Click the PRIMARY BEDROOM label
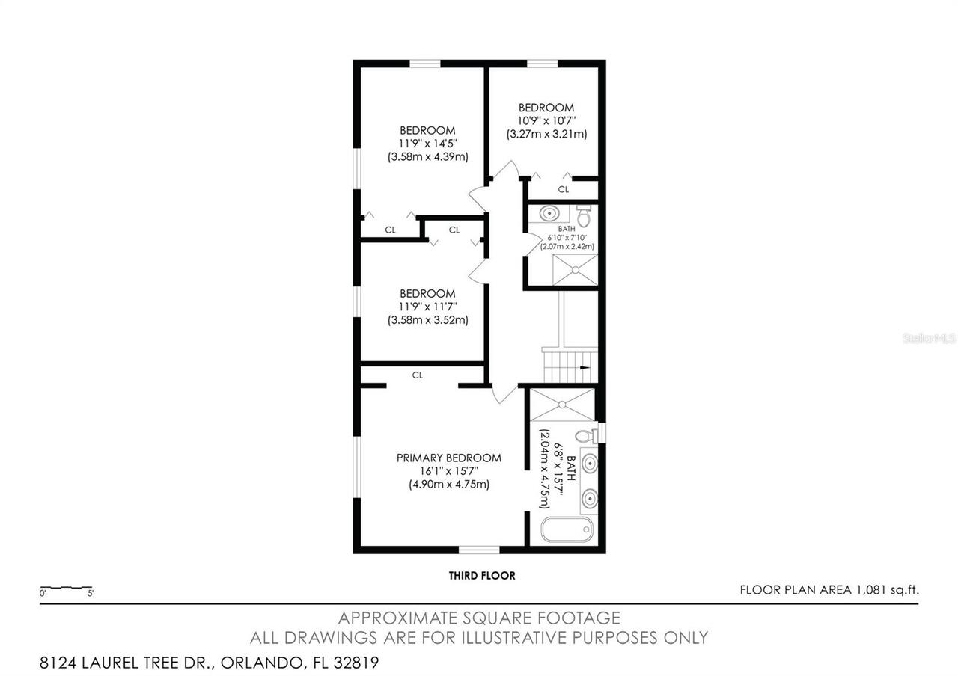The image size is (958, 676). click(448, 458)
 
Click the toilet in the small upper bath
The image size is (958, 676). click(584, 217)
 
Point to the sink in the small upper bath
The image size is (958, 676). click(550, 213)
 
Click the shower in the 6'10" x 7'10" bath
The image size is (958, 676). click(576, 269)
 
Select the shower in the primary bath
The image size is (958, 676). click(561, 405)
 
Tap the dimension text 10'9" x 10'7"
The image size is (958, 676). click(546, 120)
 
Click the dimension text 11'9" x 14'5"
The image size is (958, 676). click(427, 144)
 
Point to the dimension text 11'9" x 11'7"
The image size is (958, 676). click(427, 307)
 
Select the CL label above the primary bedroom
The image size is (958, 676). click(418, 375)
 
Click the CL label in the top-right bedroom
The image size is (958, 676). click(563, 189)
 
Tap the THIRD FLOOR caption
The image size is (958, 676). click(482, 576)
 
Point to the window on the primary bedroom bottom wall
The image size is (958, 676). click(479, 550)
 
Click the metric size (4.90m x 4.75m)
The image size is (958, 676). click(448, 484)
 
